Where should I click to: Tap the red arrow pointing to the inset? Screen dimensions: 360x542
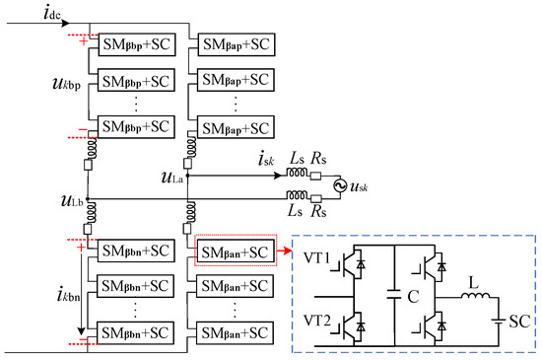pyautogui.click(x=281, y=252)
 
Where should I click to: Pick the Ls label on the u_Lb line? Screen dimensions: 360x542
pyautogui.click(x=295, y=213)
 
